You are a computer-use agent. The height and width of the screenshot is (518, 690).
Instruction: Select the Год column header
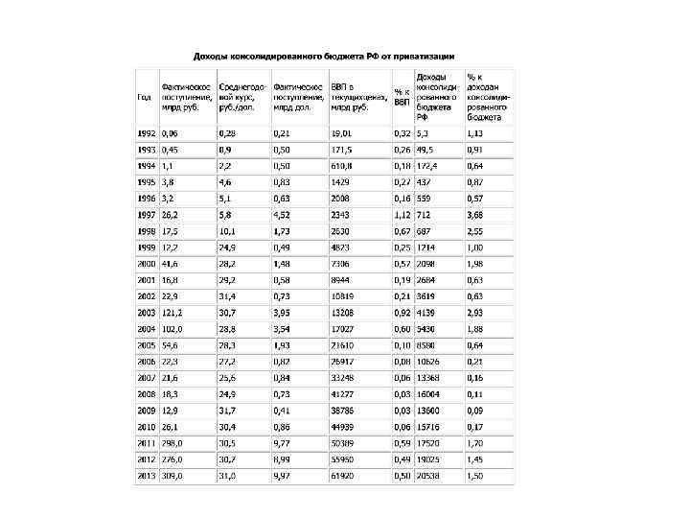pos(144,97)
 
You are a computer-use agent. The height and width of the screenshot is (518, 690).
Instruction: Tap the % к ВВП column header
pos(402,97)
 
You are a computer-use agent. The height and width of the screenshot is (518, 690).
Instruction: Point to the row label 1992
pos(147,132)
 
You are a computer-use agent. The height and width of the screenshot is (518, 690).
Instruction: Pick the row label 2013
pos(147,476)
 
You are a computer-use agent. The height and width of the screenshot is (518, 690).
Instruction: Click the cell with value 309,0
pos(173,476)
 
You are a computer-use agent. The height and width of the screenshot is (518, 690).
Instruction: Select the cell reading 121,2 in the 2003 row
pos(173,313)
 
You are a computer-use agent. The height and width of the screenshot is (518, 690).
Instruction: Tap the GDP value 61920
pos(344,476)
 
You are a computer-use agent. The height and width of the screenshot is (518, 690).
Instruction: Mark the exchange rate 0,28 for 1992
pos(228,132)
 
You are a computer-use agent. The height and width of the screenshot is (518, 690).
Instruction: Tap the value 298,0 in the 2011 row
pos(173,443)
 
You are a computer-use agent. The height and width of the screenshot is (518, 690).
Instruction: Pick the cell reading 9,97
pos(283,476)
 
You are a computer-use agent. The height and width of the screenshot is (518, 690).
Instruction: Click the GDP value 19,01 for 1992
pos(342,132)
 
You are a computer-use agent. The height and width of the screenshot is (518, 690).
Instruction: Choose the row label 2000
pos(147,264)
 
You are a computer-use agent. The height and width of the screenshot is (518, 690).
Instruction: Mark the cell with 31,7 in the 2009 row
pos(228,411)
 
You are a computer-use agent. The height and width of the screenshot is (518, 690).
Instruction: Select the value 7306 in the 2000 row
pos(342,264)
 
